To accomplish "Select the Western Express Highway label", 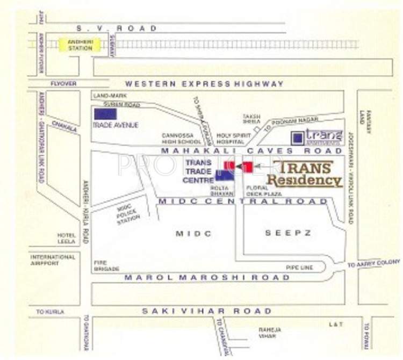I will (x=204, y=84).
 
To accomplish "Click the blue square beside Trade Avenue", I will (x=105, y=113).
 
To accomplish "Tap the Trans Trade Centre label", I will (x=198, y=171).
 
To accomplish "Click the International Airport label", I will (x=53, y=260).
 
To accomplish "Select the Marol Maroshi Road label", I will (x=207, y=277).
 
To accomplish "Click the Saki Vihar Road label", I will (x=207, y=311).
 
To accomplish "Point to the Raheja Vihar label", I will (x=267, y=333).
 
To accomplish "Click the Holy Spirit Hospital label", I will (x=231, y=139).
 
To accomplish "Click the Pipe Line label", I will (x=297, y=266).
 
